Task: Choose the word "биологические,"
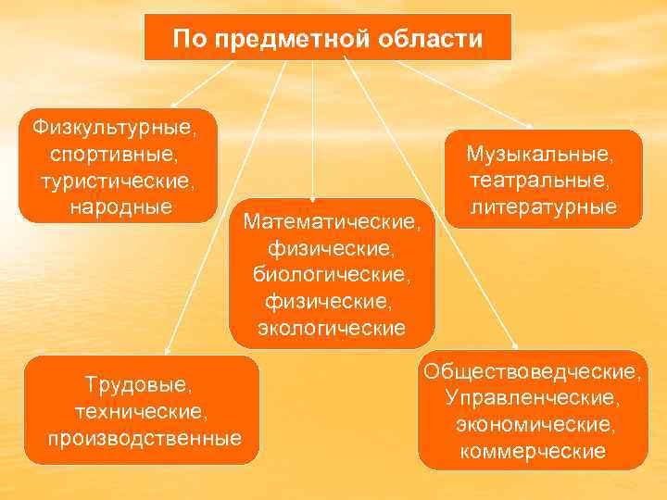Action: point(331,275)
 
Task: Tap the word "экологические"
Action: point(331,328)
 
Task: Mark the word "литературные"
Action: point(543,206)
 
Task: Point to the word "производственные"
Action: point(144,436)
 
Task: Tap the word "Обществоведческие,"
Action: point(532,371)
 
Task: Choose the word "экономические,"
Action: point(534,425)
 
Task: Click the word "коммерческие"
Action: point(533,452)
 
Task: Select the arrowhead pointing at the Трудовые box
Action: point(167,351)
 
